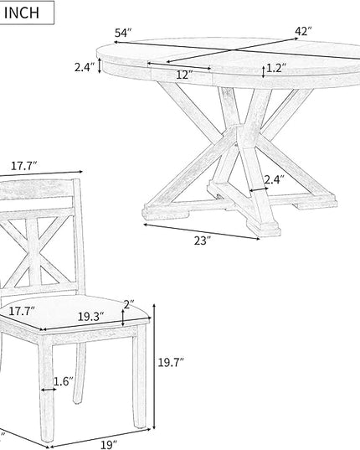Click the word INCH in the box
click(x=22, y=13)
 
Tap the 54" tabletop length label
click(x=123, y=33)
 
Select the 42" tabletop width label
click(x=303, y=31)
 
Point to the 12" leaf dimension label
click(x=184, y=75)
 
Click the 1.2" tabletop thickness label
click(x=276, y=69)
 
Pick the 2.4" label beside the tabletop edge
click(x=85, y=67)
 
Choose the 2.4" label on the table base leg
click(x=274, y=179)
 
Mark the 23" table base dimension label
click(x=203, y=241)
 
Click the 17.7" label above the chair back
click(x=24, y=166)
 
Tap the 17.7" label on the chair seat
click(x=22, y=311)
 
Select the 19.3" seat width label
click(x=91, y=317)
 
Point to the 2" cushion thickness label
click(x=129, y=304)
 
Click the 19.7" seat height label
click(x=171, y=363)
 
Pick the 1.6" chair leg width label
click(x=64, y=381)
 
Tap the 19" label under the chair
click(x=109, y=445)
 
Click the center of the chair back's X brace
click(x=34, y=252)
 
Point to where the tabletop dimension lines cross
click(x=231, y=50)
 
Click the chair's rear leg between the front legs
click(x=80, y=373)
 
